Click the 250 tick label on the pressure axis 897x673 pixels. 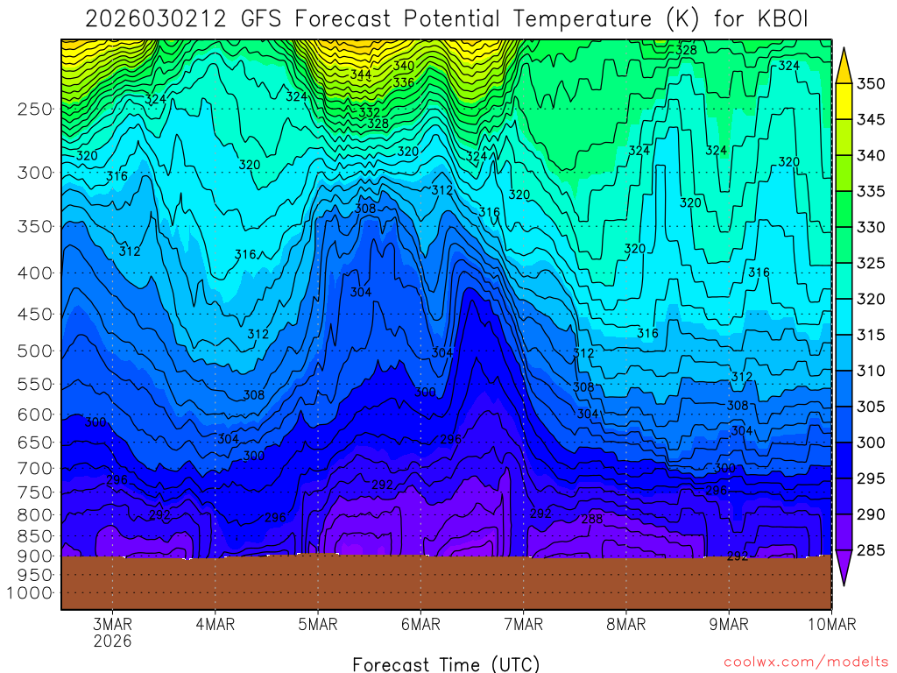pos(35,110)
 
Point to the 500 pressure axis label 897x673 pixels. pos(35,351)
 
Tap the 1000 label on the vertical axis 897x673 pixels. pos(32,593)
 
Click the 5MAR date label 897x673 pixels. pos(318,625)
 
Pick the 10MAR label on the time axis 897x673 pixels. pos(830,625)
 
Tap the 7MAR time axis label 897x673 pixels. pos(523,625)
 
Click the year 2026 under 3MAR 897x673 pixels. pos(112,641)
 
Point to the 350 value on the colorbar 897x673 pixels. pos(871,84)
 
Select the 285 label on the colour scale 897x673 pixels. pos(871,550)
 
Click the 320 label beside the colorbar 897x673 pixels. pos(871,300)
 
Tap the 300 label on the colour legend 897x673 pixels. pos(871,443)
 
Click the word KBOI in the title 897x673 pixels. pos(782,18)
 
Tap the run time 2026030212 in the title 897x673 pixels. pos(153,18)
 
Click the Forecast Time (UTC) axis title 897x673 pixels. pos(446,663)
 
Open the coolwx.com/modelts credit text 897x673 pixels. pos(806,662)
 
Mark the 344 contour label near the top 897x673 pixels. pos(361,75)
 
